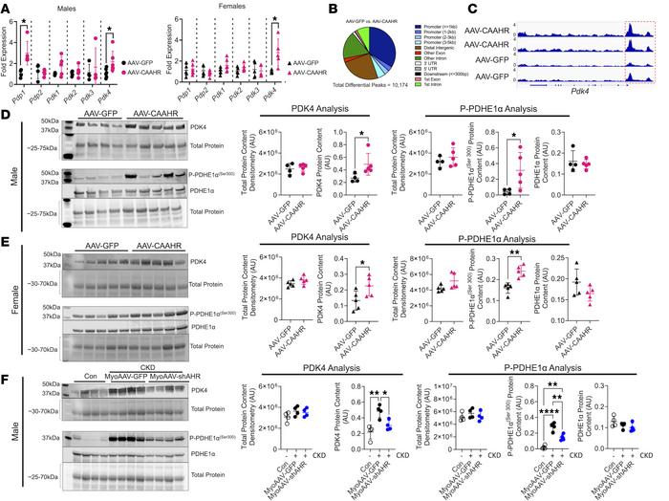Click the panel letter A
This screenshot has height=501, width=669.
(x=6, y=7)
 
